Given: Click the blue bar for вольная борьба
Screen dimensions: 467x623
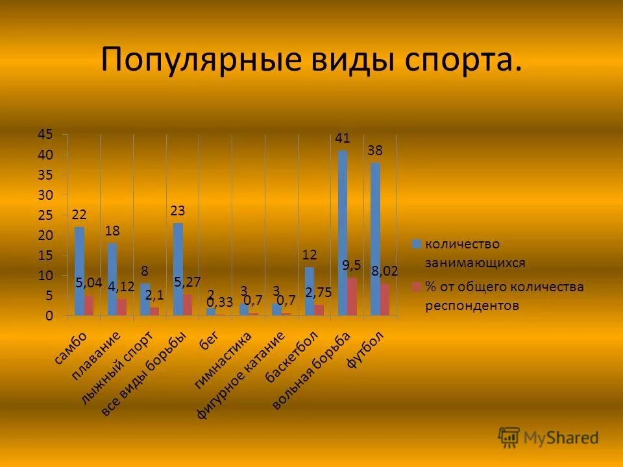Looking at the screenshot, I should [x=343, y=233].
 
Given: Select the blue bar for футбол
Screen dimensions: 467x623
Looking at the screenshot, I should [x=375, y=240].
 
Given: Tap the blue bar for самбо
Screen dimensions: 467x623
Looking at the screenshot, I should [x=79, y=271].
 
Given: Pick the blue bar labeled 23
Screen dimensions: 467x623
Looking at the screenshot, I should [x=178, y=269].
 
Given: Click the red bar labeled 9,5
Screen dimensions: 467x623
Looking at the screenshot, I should [x=352, y=297].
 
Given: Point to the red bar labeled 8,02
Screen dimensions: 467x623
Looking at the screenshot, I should [x=385, y=300].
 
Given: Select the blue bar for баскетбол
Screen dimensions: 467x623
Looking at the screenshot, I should [x=310, y=292].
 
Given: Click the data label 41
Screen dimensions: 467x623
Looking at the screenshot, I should [x=343, y=138].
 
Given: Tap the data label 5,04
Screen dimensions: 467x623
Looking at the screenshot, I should [x=89, y=282].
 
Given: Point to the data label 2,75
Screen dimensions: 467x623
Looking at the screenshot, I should [x=319, y=293].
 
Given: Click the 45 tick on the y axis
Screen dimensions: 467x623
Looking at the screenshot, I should [x=45, y=135].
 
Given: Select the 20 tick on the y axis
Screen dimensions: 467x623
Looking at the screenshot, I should [x=45, y=235].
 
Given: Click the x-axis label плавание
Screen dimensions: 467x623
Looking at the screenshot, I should [x=96, y=357].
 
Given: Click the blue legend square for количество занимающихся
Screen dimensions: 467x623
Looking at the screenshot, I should [x=417, y=244].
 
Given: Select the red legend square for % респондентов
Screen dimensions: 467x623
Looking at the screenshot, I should [x=417, y=286].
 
